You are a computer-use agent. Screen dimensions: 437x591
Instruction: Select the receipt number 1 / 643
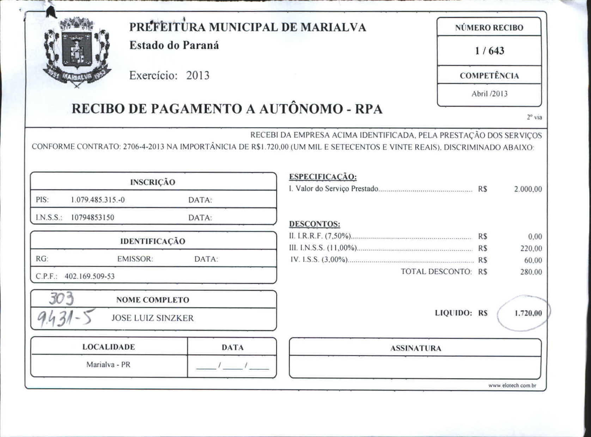[489, 51]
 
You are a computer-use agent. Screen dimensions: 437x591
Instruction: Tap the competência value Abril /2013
[489, 94]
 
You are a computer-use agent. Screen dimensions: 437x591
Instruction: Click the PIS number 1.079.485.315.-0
[98, 200]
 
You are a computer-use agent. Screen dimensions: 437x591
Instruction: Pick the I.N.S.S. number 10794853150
[93, 218]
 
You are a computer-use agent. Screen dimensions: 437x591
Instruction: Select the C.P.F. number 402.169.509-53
[90, 276]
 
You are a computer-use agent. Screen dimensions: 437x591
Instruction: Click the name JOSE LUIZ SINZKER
[152, 318]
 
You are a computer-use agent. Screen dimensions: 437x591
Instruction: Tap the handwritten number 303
[61, 299]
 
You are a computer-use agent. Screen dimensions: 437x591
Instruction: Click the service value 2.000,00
[528, 189]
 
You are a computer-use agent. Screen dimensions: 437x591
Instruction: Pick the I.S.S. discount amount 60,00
[533, 261]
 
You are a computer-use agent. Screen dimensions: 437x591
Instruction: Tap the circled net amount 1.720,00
[528, 313]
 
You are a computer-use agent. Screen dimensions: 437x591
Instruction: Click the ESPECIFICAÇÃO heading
[323, 177]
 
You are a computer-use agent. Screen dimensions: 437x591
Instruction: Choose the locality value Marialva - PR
[108, 365]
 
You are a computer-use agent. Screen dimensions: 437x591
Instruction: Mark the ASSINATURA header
[415, 349]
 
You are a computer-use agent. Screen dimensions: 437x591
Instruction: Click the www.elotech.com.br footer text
[512, 386]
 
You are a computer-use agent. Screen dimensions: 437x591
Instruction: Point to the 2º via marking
[534, 118]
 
